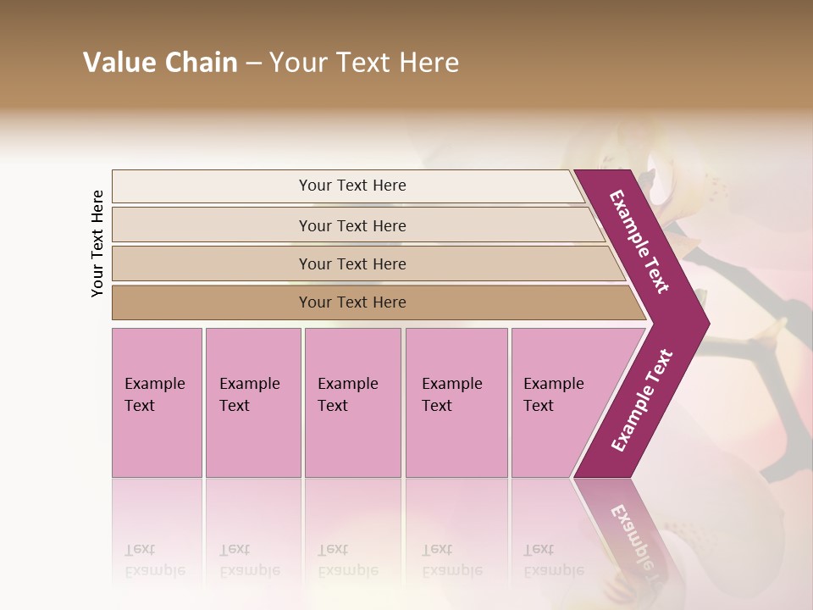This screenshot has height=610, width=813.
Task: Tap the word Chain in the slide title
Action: (x=202, y=63)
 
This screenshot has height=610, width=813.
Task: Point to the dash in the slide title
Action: (x=253, y=64)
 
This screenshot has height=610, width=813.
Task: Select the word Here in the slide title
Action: (x=429, y=63)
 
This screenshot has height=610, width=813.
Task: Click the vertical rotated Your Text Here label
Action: (x=97, y=243)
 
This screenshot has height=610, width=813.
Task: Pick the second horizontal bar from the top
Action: (x=351, y=225)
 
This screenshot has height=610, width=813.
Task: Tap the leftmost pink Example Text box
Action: (x=157, y=402)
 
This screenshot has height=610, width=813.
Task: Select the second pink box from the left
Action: (x=253, y=402)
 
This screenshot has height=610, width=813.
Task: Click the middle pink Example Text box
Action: (x=352, y=402)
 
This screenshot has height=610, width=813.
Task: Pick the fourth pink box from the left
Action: (x=456, y=402)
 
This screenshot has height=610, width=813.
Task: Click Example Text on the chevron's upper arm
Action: (x=639, y=241)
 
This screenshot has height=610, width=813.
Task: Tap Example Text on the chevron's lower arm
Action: (x=641, y=401)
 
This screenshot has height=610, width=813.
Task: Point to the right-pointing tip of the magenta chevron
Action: (x=706, y=324)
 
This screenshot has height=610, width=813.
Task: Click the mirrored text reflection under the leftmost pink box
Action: (x=155, y=560)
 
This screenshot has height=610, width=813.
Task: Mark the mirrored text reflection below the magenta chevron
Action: (x=631, y=534)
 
